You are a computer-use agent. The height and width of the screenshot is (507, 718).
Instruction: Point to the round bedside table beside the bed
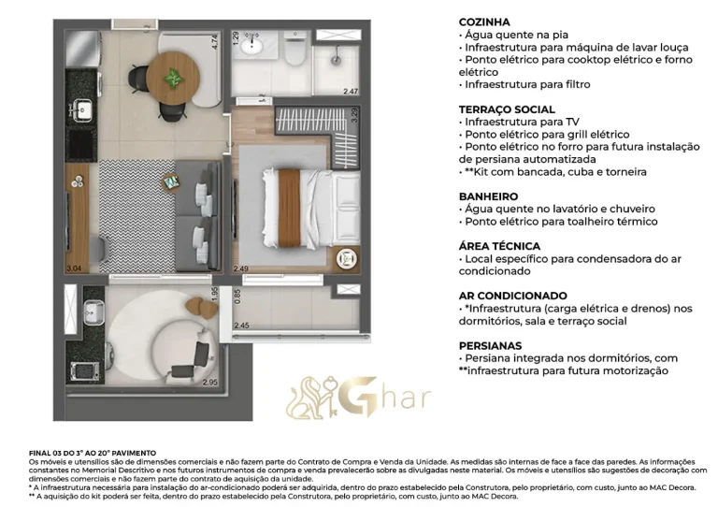coord(346,256)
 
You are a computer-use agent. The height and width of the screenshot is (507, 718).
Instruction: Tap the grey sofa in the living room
coord(199,206)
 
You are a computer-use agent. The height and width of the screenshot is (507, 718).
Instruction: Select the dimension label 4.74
coord(214,41)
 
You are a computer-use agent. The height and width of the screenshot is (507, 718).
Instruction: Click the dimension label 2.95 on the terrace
coord(209,382)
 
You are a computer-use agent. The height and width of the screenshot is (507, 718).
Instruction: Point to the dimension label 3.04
coord(74,268)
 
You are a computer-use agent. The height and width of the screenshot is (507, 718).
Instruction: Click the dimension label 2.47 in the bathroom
coord(351,92)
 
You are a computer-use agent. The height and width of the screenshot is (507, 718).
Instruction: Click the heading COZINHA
coord(483,22)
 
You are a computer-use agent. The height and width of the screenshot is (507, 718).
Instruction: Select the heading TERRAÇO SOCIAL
coord(506,109)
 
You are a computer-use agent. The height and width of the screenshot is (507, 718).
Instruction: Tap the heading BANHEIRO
coord(488,196)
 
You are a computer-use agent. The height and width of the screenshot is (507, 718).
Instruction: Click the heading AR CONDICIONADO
coord(512,295)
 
